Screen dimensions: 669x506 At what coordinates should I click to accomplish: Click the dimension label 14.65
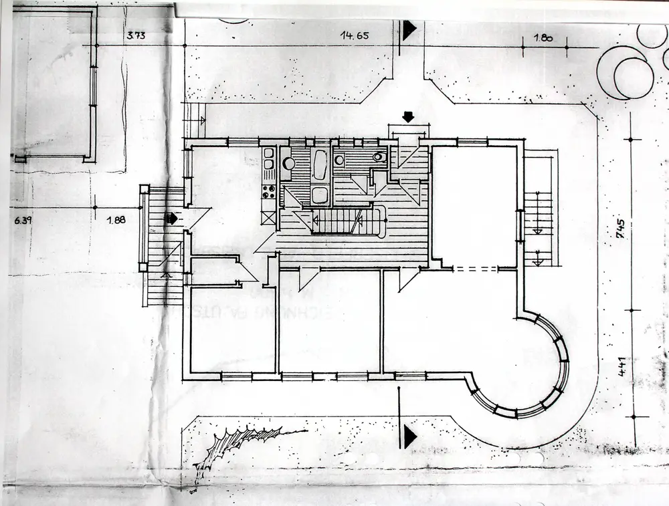pyautogui.click(x=355, y=35)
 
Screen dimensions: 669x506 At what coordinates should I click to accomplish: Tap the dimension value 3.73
pyautogui.click(x=136, y=35)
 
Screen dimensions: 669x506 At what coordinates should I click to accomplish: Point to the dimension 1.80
pyautogui.click(x=543, y=38)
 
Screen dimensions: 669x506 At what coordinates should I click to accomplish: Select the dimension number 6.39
pyautogui.click(x=22, y=219)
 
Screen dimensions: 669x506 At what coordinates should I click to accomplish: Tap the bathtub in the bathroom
pyautogui.click(x=319, y=164)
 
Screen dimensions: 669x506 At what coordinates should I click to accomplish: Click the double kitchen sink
pyautogui.click(x=269, y=160)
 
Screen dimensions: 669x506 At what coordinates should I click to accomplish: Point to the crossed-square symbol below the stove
pyautogui.click(x=269, y=217)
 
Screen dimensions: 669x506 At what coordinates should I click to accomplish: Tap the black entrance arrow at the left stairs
pyautogui.click(x=173, y=218)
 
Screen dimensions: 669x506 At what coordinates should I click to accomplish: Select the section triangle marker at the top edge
pyautogui.click(x=409, y=29)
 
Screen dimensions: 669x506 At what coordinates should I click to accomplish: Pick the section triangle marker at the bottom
pyautogui.click(x=409, y=436)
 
